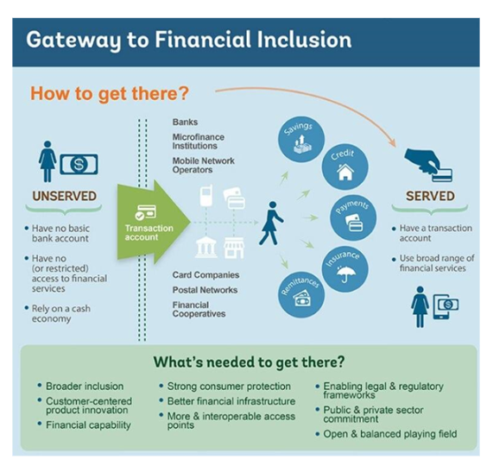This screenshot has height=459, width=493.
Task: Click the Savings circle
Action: [x=301, y=139]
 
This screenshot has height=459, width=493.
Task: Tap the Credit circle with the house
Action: [x=344, y=167]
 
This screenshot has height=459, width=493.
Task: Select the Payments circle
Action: [x=353, y=217]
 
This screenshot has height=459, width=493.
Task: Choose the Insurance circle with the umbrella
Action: [x=344, y=269]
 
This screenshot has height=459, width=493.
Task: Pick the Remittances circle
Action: [x=301, y=294]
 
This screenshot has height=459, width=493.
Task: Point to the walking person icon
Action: [x=271, y=223]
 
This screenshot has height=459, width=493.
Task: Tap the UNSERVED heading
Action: [x=65, y=196]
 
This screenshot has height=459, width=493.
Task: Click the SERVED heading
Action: [x=430, y=196]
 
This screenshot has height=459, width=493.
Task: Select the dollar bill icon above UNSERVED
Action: [x=79, y=164]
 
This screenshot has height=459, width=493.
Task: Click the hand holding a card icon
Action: [x=428, y=165]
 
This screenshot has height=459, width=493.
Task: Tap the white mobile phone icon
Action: [x=206, y=195]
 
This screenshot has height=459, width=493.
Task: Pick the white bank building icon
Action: [x=206, y=248]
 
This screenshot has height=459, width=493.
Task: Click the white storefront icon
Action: [x=234, y=248]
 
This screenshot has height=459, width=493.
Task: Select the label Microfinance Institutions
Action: [x=198, y=141]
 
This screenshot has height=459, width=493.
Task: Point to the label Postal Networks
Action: [x=205, y=290]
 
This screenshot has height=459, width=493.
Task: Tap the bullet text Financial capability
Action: [x=88, y=425]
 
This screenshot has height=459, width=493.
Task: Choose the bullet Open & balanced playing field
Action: [x=390, y=434]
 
